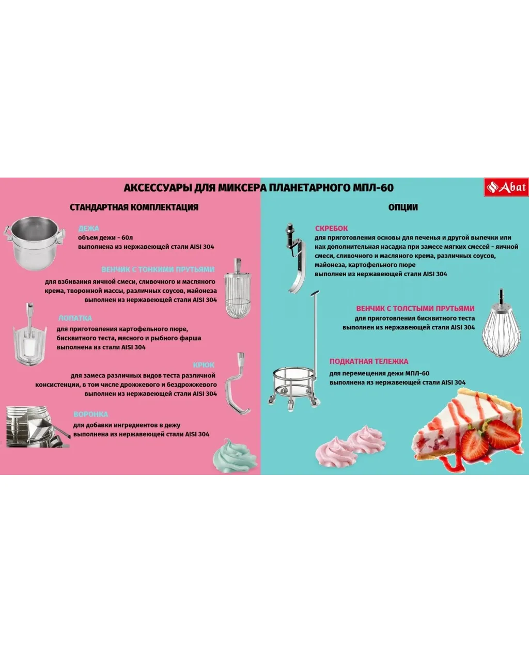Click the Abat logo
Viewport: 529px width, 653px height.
click(x=506, y=187)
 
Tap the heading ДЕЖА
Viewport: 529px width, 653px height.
click(x=89, y=228)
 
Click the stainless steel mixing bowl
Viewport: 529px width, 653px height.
click(x=35, y=243)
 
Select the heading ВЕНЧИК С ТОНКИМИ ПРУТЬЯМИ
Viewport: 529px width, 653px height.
click(x=158, y=269)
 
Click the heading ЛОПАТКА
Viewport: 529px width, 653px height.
click(x=75, y=318)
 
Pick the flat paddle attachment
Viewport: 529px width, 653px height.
click(x=30, y=335)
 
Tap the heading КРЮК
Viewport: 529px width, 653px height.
click(x=204, y=365)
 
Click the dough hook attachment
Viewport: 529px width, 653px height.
click(x=238, y=383)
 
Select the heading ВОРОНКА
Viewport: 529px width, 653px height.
click(x=91, y=415)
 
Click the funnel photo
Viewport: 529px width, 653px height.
click(x=38, y=427)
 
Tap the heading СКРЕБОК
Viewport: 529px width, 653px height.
click(x=331, y=228)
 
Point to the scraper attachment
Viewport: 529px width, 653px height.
click(x=295, y=258)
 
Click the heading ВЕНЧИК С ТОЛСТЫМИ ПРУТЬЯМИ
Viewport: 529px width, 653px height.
click(x=415, y=308)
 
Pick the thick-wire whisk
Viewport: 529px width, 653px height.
click(x=502, y=324)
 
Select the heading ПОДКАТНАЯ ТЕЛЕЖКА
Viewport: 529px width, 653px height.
click(x=369, y=361)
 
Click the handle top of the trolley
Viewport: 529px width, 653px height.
click(x=315, y=293)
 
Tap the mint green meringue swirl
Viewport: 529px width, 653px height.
click(x=235, y=456)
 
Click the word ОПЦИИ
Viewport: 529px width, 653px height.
click(x=403, y=207)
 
